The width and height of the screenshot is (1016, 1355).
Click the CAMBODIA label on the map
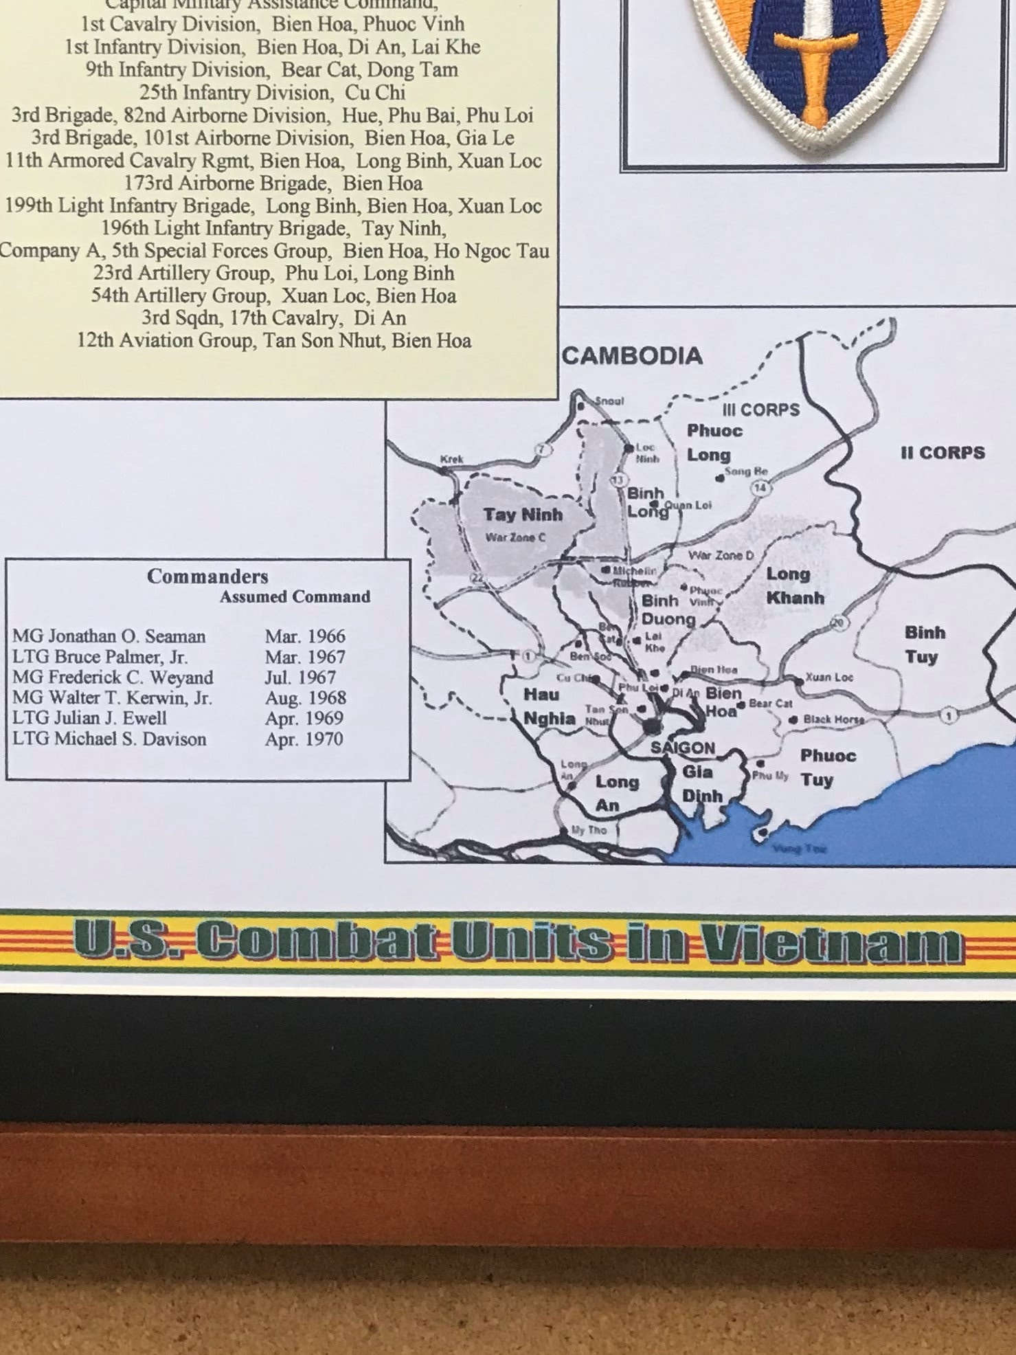632,356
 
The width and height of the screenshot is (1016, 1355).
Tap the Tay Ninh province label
522,515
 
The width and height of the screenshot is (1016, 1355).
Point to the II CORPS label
942,453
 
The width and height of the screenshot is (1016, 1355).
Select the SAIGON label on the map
683,748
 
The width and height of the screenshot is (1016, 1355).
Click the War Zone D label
721,555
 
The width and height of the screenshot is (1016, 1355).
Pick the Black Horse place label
833,719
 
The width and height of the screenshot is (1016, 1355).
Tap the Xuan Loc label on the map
829,677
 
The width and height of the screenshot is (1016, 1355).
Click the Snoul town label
609,401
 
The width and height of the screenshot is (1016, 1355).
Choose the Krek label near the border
452,459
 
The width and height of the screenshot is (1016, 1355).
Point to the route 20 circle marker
838,623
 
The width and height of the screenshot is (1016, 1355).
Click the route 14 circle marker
760,488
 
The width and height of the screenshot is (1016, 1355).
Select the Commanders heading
207,576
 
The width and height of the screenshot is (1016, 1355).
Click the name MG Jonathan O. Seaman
109,636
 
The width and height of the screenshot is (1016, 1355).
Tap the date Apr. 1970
304,739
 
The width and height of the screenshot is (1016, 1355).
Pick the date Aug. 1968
305,698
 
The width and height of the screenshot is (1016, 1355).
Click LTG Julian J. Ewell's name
89,719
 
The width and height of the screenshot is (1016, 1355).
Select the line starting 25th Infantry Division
272,93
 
